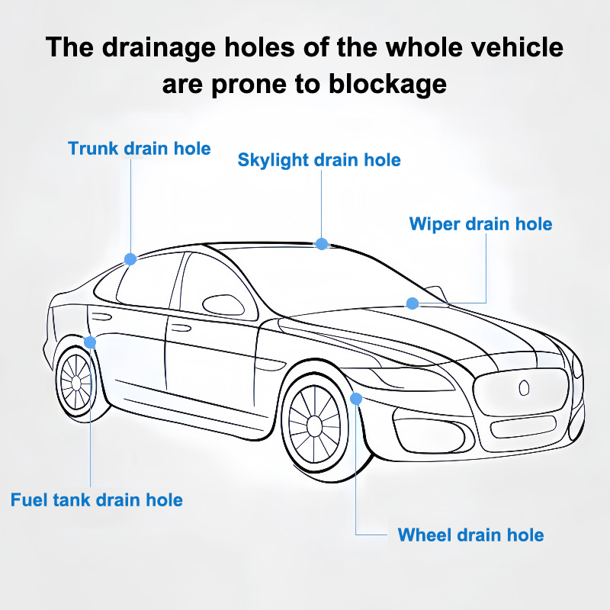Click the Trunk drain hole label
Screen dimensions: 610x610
tap(139, 148)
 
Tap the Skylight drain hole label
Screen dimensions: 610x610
tap(319, 160)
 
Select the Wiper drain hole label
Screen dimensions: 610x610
tap(480, 224)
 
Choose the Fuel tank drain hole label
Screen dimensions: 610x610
tap(97, 500)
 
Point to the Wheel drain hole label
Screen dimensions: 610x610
tap(470, 535)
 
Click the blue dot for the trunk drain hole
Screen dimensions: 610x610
tap(130, 259)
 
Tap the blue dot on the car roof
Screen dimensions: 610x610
tap(322, 244)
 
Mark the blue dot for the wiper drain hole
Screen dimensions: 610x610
tap(413, 303)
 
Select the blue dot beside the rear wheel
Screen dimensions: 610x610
tap(90, 342)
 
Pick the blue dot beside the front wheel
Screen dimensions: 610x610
tap(356, 397)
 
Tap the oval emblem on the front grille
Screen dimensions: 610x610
tap(523, 387)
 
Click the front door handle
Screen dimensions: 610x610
tap(181, 328)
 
